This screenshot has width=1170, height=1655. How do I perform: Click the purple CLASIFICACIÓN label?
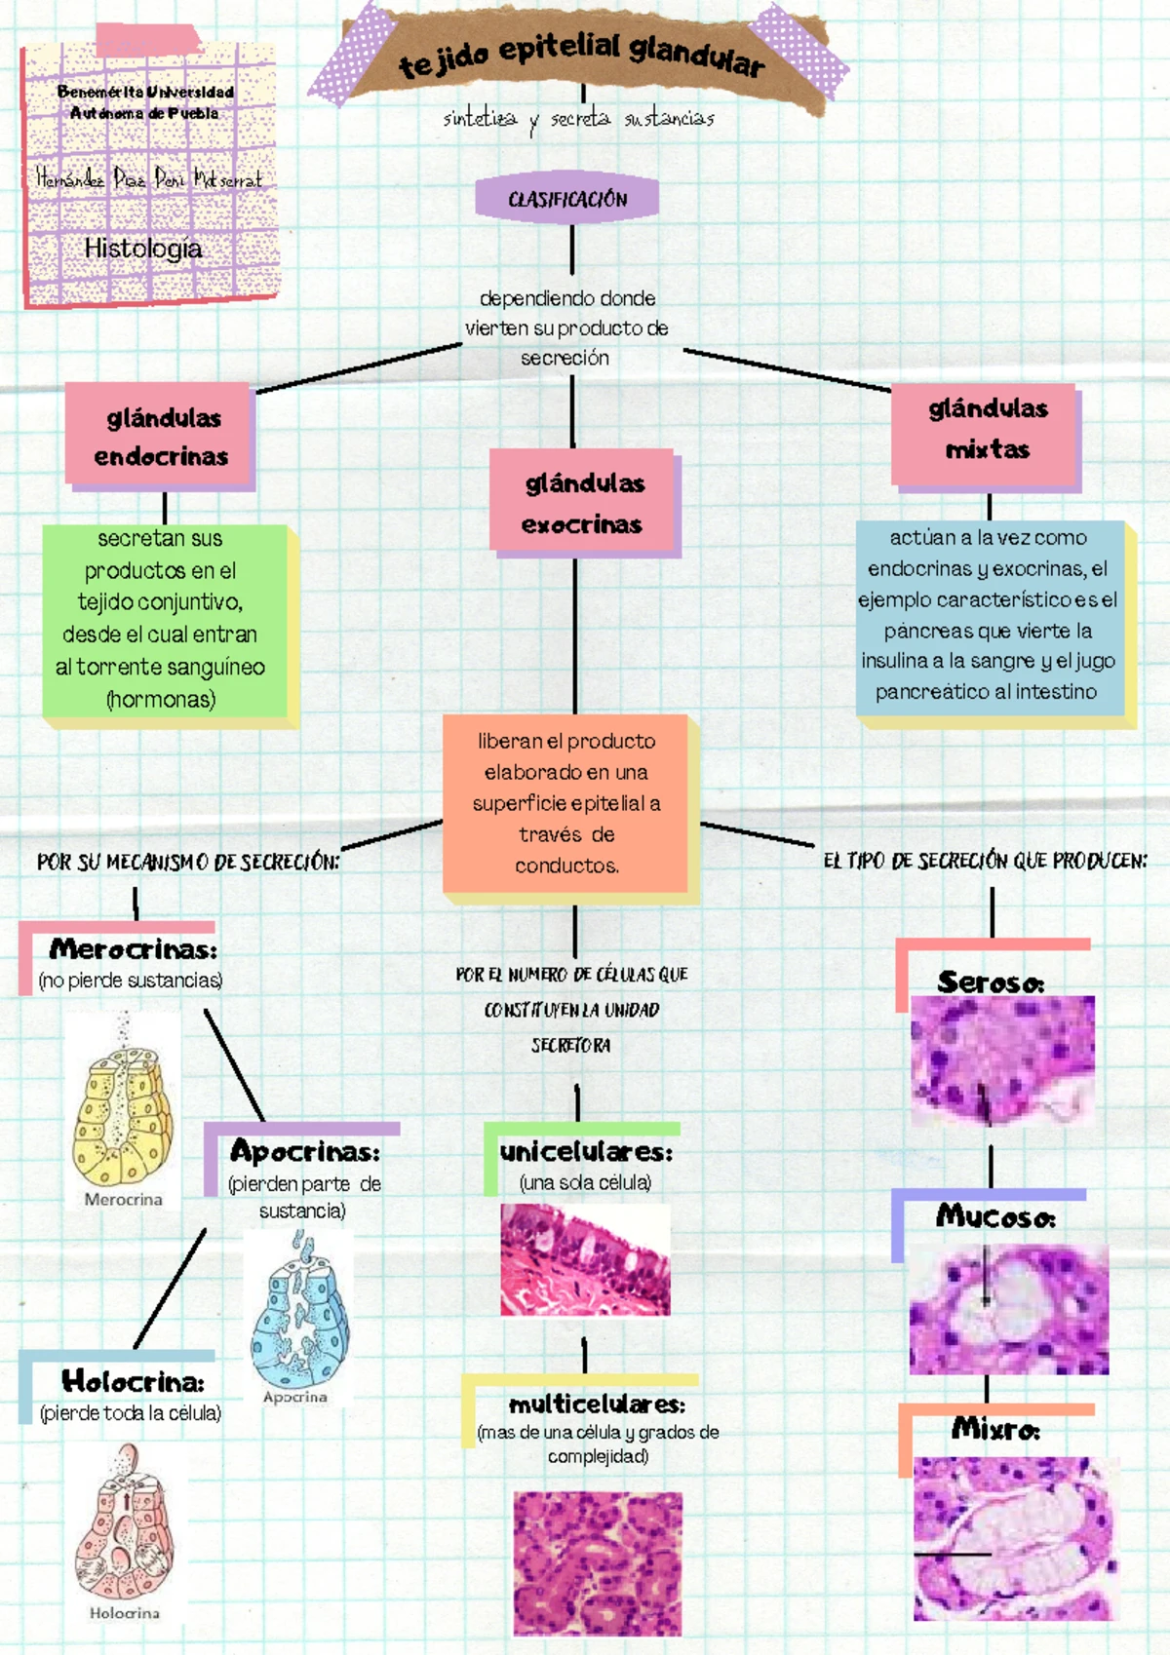(x=566, y=199)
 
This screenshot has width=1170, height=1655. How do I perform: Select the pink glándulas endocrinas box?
(x=161, y=437)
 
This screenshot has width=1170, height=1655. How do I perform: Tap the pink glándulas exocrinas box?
(x=583, y=503)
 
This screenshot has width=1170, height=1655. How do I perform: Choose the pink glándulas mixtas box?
(x=987, y=430)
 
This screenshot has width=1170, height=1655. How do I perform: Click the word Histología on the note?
(x=143, y=249)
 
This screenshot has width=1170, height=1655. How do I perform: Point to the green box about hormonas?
(x=163, y=620)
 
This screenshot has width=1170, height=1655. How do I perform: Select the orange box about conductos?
(x=566, y=803)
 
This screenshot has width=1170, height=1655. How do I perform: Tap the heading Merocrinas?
(x=133, y=948)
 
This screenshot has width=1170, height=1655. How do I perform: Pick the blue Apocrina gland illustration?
(x=298, y=1311)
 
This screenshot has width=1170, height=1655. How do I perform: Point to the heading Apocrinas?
(x=305, y=1151)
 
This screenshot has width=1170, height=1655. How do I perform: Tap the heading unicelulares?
(x=586, y=1151)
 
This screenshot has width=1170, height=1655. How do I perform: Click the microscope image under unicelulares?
(x=585, y=1259)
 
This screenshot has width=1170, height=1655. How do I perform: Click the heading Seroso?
(x=991, y=981)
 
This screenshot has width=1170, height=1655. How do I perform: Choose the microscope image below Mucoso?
(x=1008, y=1308)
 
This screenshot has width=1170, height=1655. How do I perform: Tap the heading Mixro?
(x=995, y=1429)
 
